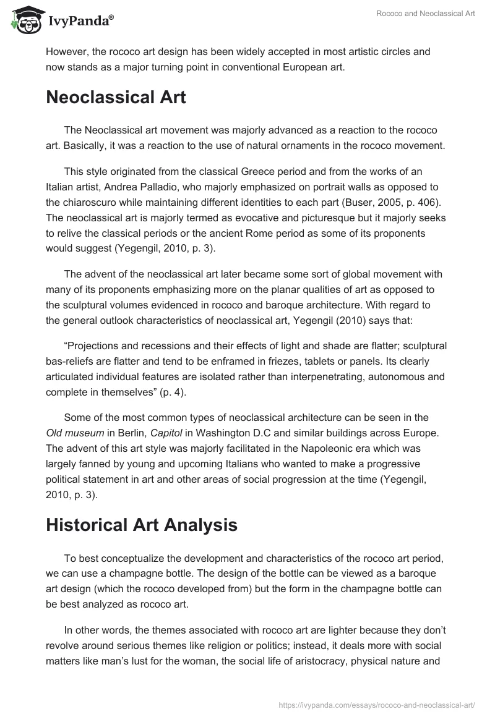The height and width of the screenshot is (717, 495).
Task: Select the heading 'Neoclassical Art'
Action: [x=116, y=98]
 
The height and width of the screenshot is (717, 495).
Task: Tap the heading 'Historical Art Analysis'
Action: [x=141, y=525]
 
